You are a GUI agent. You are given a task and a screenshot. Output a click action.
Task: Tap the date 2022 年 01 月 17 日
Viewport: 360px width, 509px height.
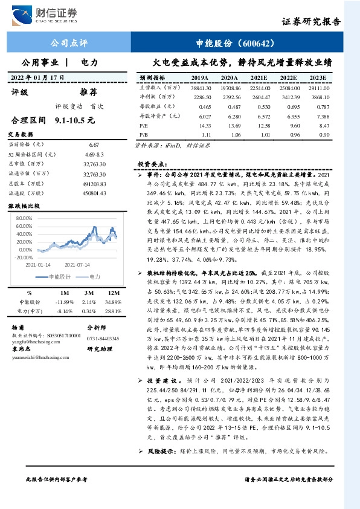[x=39, y=77]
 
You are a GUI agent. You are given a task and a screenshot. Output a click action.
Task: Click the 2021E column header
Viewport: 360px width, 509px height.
[x=259, y=78]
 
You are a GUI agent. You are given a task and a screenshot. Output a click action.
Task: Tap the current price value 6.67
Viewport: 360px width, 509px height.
[x=94, y=145]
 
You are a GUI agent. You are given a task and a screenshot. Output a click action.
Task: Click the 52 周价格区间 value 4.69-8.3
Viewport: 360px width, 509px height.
[x=94, y=155]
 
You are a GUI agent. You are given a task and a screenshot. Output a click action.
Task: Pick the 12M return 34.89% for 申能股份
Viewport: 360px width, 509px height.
[x=113, y=301]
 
